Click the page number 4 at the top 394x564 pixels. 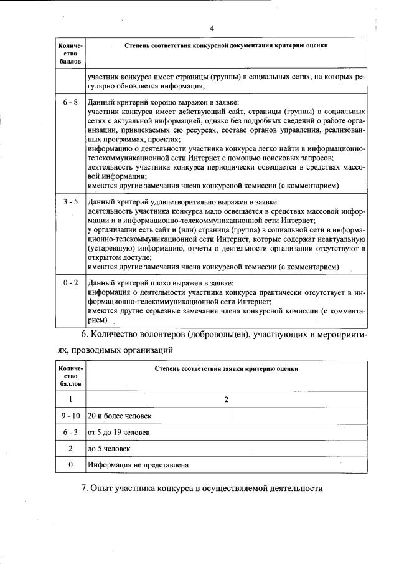(x=212, y=28)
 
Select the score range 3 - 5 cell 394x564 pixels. (x=70, y=202)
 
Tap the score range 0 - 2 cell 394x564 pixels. (x=70, y=282)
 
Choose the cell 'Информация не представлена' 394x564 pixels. (x=138, y=465)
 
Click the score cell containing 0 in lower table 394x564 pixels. (x=70, y=465)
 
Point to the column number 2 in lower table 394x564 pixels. (x=227, y=399)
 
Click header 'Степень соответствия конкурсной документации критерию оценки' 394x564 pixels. (x=227, y=46)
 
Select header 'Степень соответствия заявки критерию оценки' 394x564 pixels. (x=227, y=369)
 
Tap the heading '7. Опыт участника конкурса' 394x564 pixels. (x=202, y=488)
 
